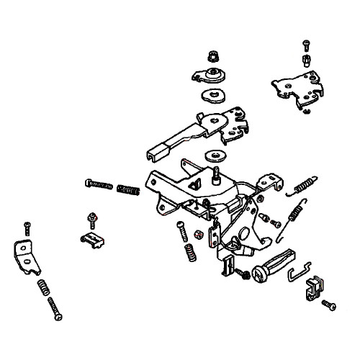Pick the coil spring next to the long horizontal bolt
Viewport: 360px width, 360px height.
[x=129, y=191]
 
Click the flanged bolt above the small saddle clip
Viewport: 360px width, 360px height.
[x=92, y=218]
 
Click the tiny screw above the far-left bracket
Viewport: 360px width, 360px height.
[x=27, y=228]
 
